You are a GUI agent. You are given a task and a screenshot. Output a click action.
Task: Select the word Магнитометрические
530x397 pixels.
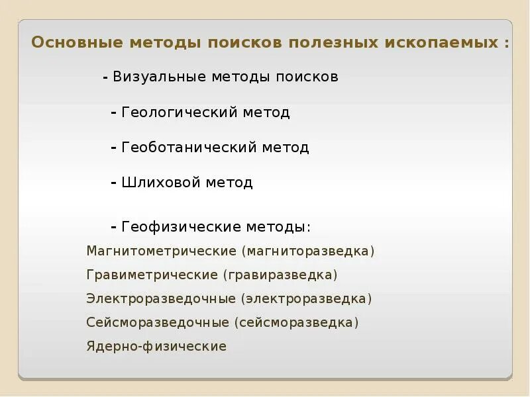click(x=162, y=251)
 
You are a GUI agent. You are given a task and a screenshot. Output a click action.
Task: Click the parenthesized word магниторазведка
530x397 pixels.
click(x=308, y=251)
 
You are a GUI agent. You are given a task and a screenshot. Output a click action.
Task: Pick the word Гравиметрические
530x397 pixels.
click(x=152, y=275)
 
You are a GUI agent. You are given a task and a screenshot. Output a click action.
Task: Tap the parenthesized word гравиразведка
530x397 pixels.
click(x=280, y=275)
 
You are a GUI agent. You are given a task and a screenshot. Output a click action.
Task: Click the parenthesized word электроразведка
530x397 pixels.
click(x=307, y=298)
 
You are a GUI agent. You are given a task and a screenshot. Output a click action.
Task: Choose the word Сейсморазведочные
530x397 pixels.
click(x=158, y=322)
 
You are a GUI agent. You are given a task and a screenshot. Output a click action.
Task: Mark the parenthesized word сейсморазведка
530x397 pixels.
click(x=296, y=322)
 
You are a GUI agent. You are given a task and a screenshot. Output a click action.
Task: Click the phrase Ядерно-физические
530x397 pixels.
click(x=156, y=346)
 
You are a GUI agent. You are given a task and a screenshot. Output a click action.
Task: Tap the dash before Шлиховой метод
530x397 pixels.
click(x=115, y=183)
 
